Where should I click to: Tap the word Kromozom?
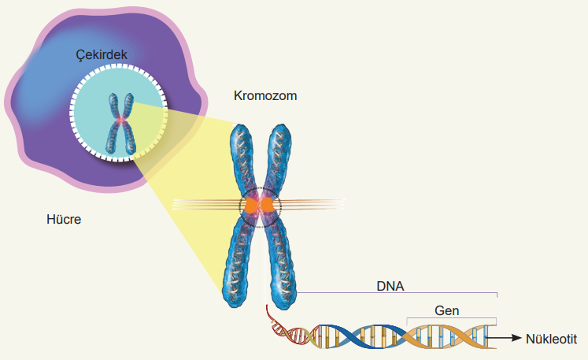click(265, 95)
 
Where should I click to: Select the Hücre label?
click(65, 218)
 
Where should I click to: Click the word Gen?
click(446, 310)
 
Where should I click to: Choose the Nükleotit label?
click(552, 339)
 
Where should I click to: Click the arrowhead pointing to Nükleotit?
click(517, 339)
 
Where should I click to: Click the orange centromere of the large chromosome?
click(260, 206)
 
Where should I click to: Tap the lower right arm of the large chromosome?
click(282, 260)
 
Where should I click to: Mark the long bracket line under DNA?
click(394, 293)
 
